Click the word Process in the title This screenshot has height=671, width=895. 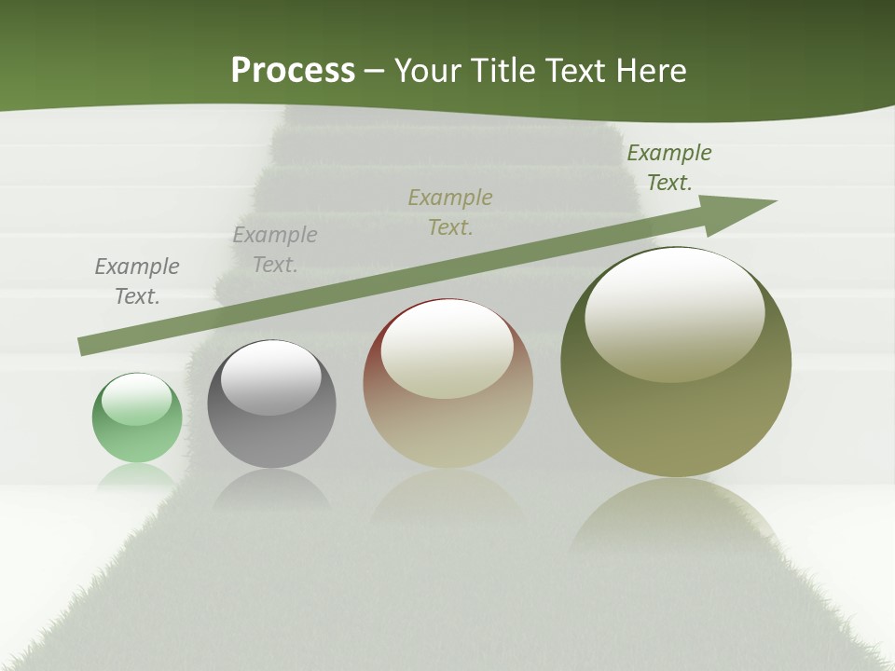click(293, 71)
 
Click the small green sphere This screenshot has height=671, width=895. click(137, 418)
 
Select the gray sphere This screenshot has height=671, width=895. click(271, 404)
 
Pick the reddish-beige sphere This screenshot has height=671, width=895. click(447, 384)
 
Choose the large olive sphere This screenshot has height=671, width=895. click(676, 363)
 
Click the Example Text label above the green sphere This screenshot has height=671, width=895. click(137, 281)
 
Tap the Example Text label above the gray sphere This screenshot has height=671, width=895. click(275, 250)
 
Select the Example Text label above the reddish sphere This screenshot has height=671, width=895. click(450, 212)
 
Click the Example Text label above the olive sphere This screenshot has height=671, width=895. click(669, 168)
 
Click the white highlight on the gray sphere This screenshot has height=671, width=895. click(270, 377)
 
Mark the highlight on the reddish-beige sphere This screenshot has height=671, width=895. click(447, 349)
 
